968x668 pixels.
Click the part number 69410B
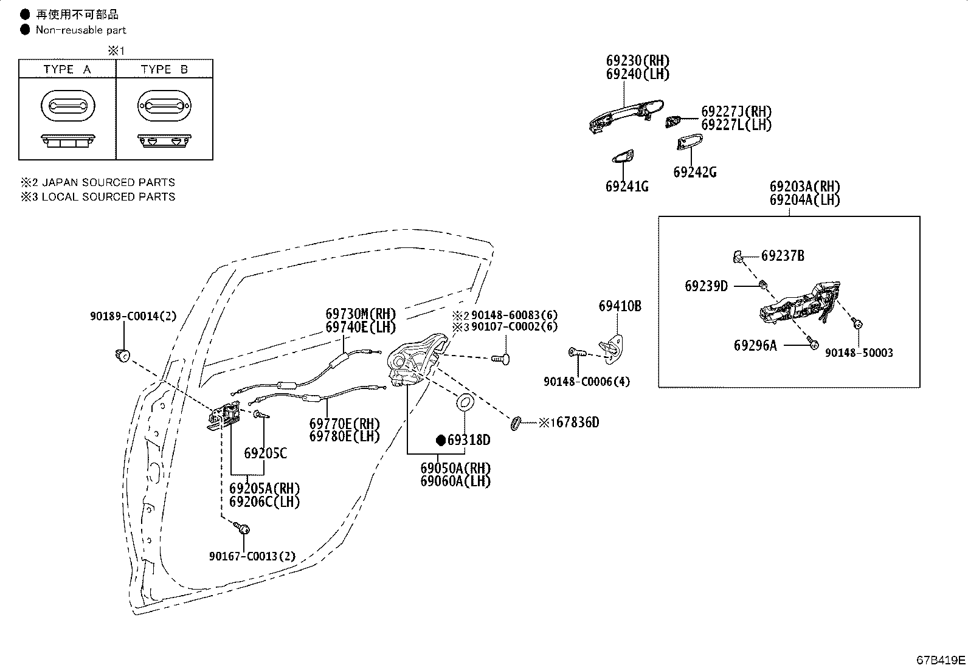[x=620, y=306]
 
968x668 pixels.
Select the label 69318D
[x=469, y=440]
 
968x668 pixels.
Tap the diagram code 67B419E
[x=941, y=660]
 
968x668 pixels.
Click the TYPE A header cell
[x=67, y=69]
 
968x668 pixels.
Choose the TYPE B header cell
[x=165, y=69]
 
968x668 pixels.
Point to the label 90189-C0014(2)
[x=133, y=316]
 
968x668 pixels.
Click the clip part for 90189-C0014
[x=123, y=355]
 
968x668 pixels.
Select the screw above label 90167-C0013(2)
[x=241, y=528]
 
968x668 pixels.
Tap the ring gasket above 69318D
[x=465, y=402]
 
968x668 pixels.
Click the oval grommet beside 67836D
[x=516, y=423]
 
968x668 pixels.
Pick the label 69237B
[x=783, y=256]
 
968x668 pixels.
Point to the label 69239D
[x=706, y=286]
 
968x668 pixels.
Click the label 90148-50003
[x=859, y=353]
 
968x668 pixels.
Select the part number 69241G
[x=627, y=187]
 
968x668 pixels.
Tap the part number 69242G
[x=695, y=173]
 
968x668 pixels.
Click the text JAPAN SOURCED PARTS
[x=108, y=182]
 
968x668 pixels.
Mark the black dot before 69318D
[x=441, y=440]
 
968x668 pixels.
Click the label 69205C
[x=265, y=453]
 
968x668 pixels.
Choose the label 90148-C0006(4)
[x=586, y=382]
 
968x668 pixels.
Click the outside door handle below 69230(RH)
[x=626, y=115]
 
